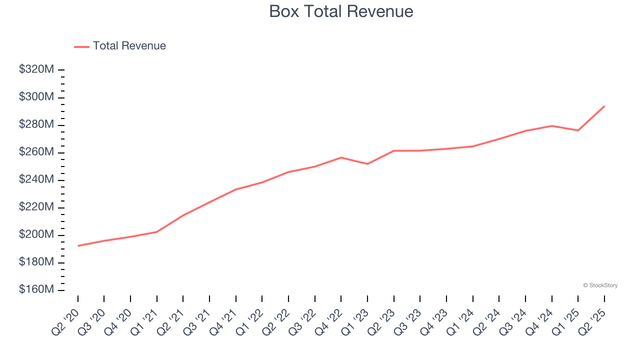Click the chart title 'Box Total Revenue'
click(x=341, y=11)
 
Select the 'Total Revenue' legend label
click(x=129, y=46)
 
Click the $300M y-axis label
click(x=36, y=97)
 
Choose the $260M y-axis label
click(x=36, y=152)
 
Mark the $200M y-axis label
click(x=36, y=234)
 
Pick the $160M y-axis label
click(x=36, y=290)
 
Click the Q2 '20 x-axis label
click(x=66, y=321)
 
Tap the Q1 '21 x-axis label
click(x=145, y=321)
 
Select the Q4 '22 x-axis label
click(x=329, y=321)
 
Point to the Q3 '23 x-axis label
click(x=408, y=321)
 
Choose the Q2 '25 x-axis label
click(x=592, y=321)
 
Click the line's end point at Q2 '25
click(x=604, y=106)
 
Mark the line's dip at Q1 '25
click(x=578, y=130)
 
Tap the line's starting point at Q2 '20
click(x=78, y=246)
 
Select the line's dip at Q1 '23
click(x=367, y=164)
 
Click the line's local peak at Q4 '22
click(x=341, y=157)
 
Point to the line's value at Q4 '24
click(x=551, y=125)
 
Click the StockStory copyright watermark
click(x=600, y=285)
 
